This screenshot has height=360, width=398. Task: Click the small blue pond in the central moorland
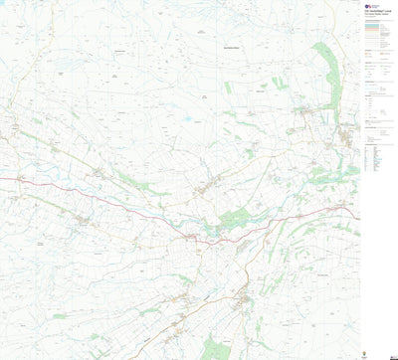tap(186, 118)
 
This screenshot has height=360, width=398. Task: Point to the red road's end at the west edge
tap(2, 179)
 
